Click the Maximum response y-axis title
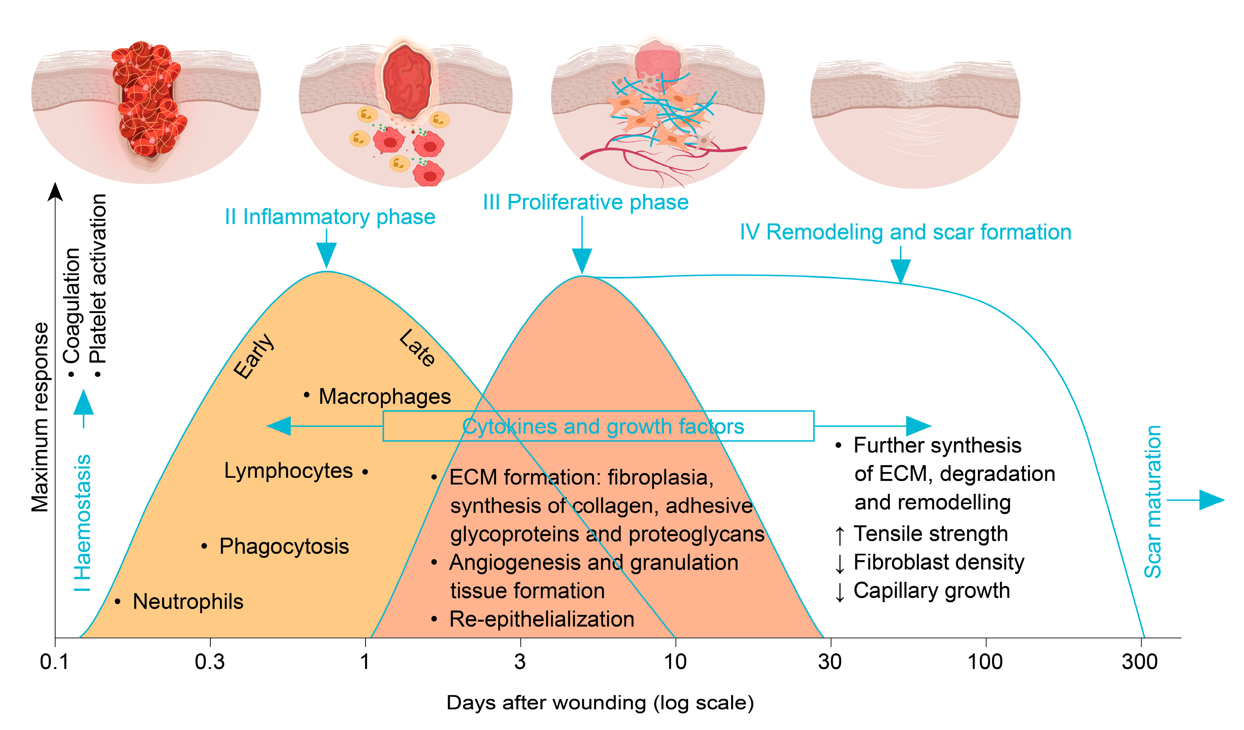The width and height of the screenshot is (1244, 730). point(40,417)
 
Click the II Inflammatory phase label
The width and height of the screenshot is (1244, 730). point(330,217)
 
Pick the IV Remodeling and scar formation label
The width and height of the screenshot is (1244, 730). point(905,232)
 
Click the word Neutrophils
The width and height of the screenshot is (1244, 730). point(188,602)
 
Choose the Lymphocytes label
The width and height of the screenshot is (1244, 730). point(288,471)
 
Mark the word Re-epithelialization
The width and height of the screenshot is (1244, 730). point(541,619)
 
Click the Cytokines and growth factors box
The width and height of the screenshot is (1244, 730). point(598,426)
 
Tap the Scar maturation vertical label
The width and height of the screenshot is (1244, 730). point(1153,501)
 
